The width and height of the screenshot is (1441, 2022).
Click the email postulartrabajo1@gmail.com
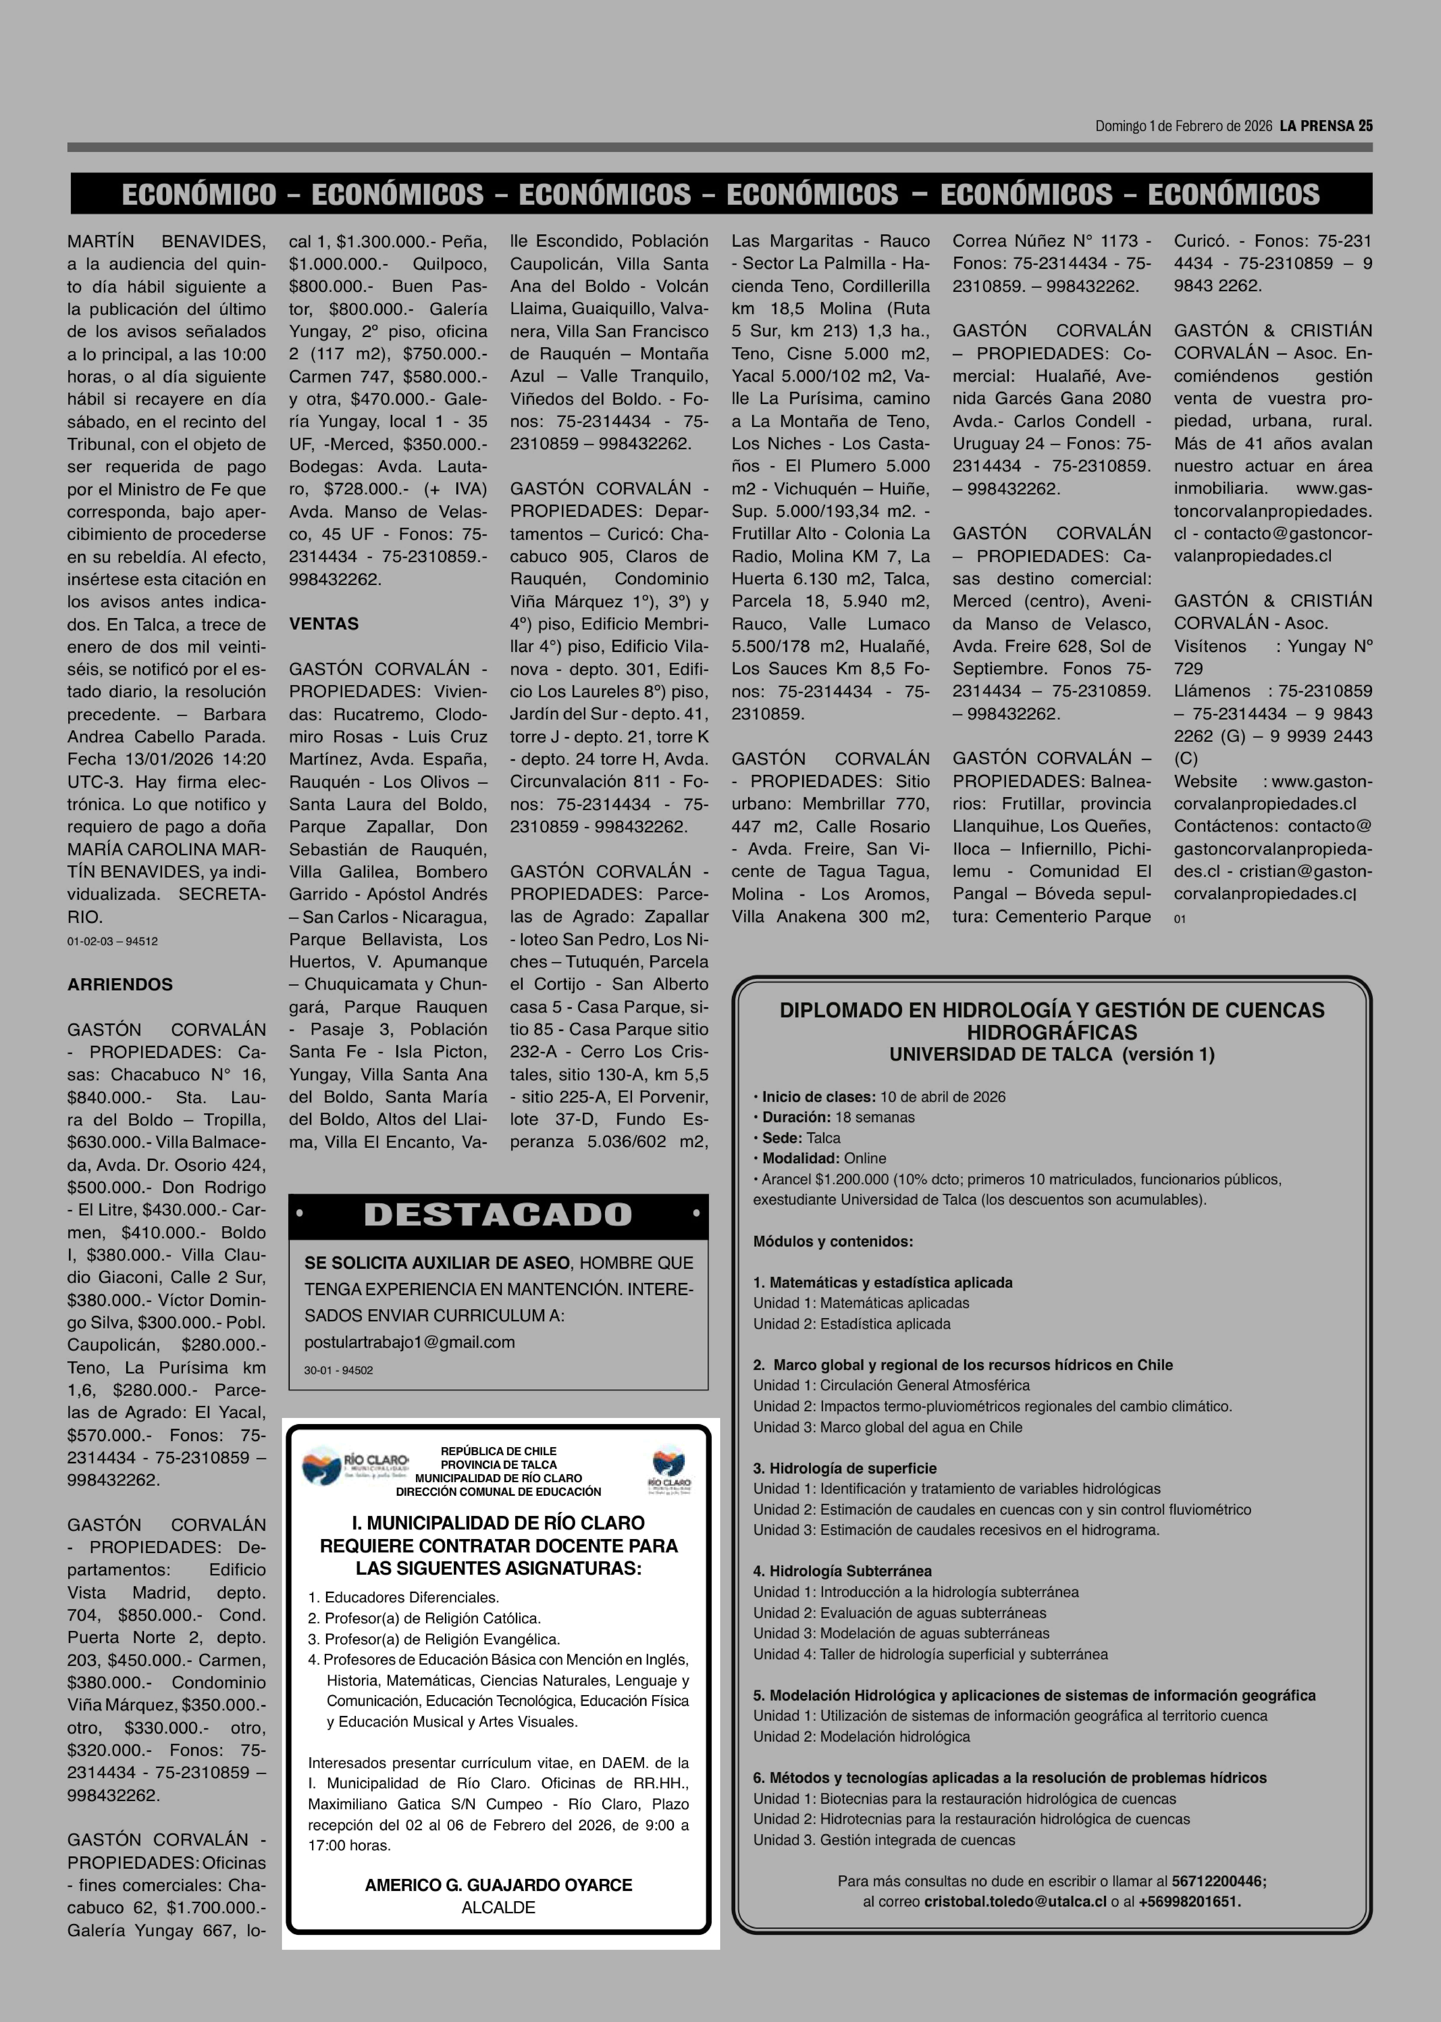[409, 1342]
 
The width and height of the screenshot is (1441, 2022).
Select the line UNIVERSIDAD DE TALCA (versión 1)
[1051, 1055]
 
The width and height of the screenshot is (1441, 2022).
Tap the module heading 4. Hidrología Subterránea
[842, 1571]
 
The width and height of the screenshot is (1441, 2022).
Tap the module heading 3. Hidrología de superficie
[845, 1468]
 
